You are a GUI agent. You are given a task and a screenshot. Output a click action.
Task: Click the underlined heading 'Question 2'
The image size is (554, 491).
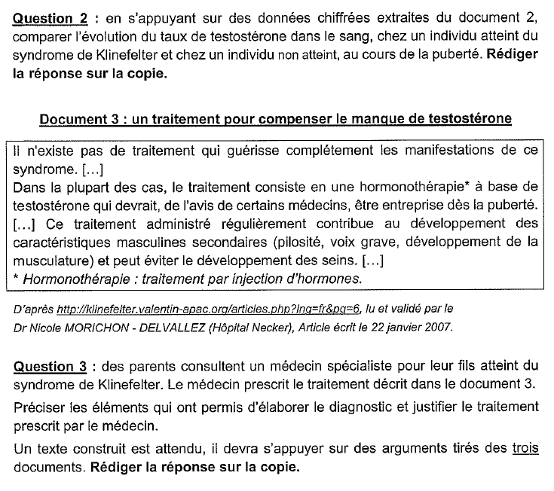point(46,18)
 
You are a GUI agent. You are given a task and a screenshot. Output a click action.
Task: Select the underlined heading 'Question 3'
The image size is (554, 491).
point(46,367)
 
